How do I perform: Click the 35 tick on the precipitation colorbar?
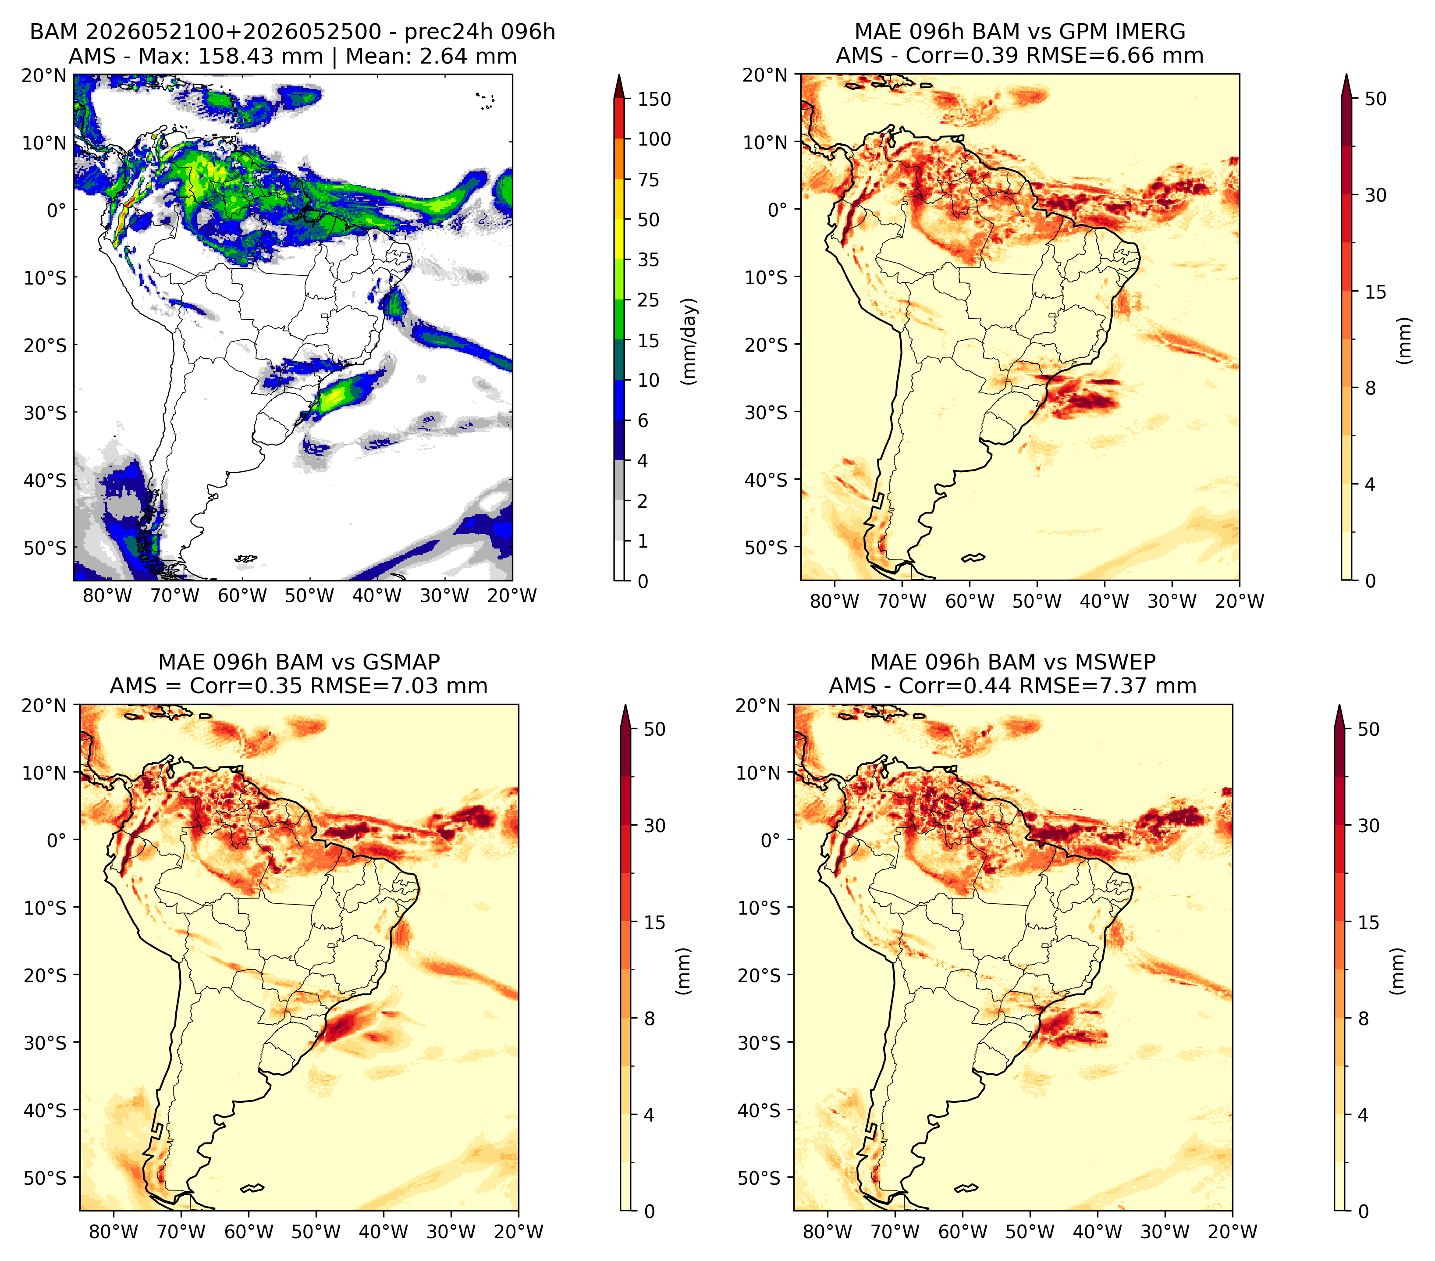point(648,260)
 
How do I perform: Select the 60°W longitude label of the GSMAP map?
point(249,1232)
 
